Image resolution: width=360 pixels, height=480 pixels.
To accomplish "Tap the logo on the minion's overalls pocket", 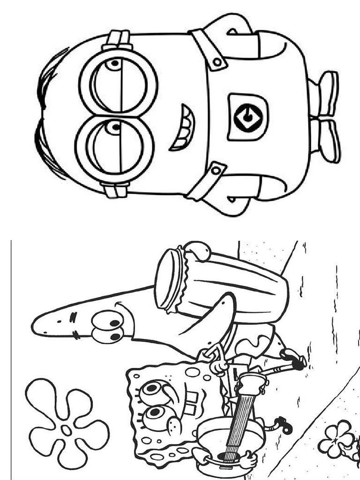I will pos(247,117).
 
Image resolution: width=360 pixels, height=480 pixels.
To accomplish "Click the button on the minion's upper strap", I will pos(217,61).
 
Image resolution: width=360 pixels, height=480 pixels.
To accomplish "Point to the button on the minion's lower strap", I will pos(216,171).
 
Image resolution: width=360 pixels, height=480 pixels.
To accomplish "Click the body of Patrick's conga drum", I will pos(234,281).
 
